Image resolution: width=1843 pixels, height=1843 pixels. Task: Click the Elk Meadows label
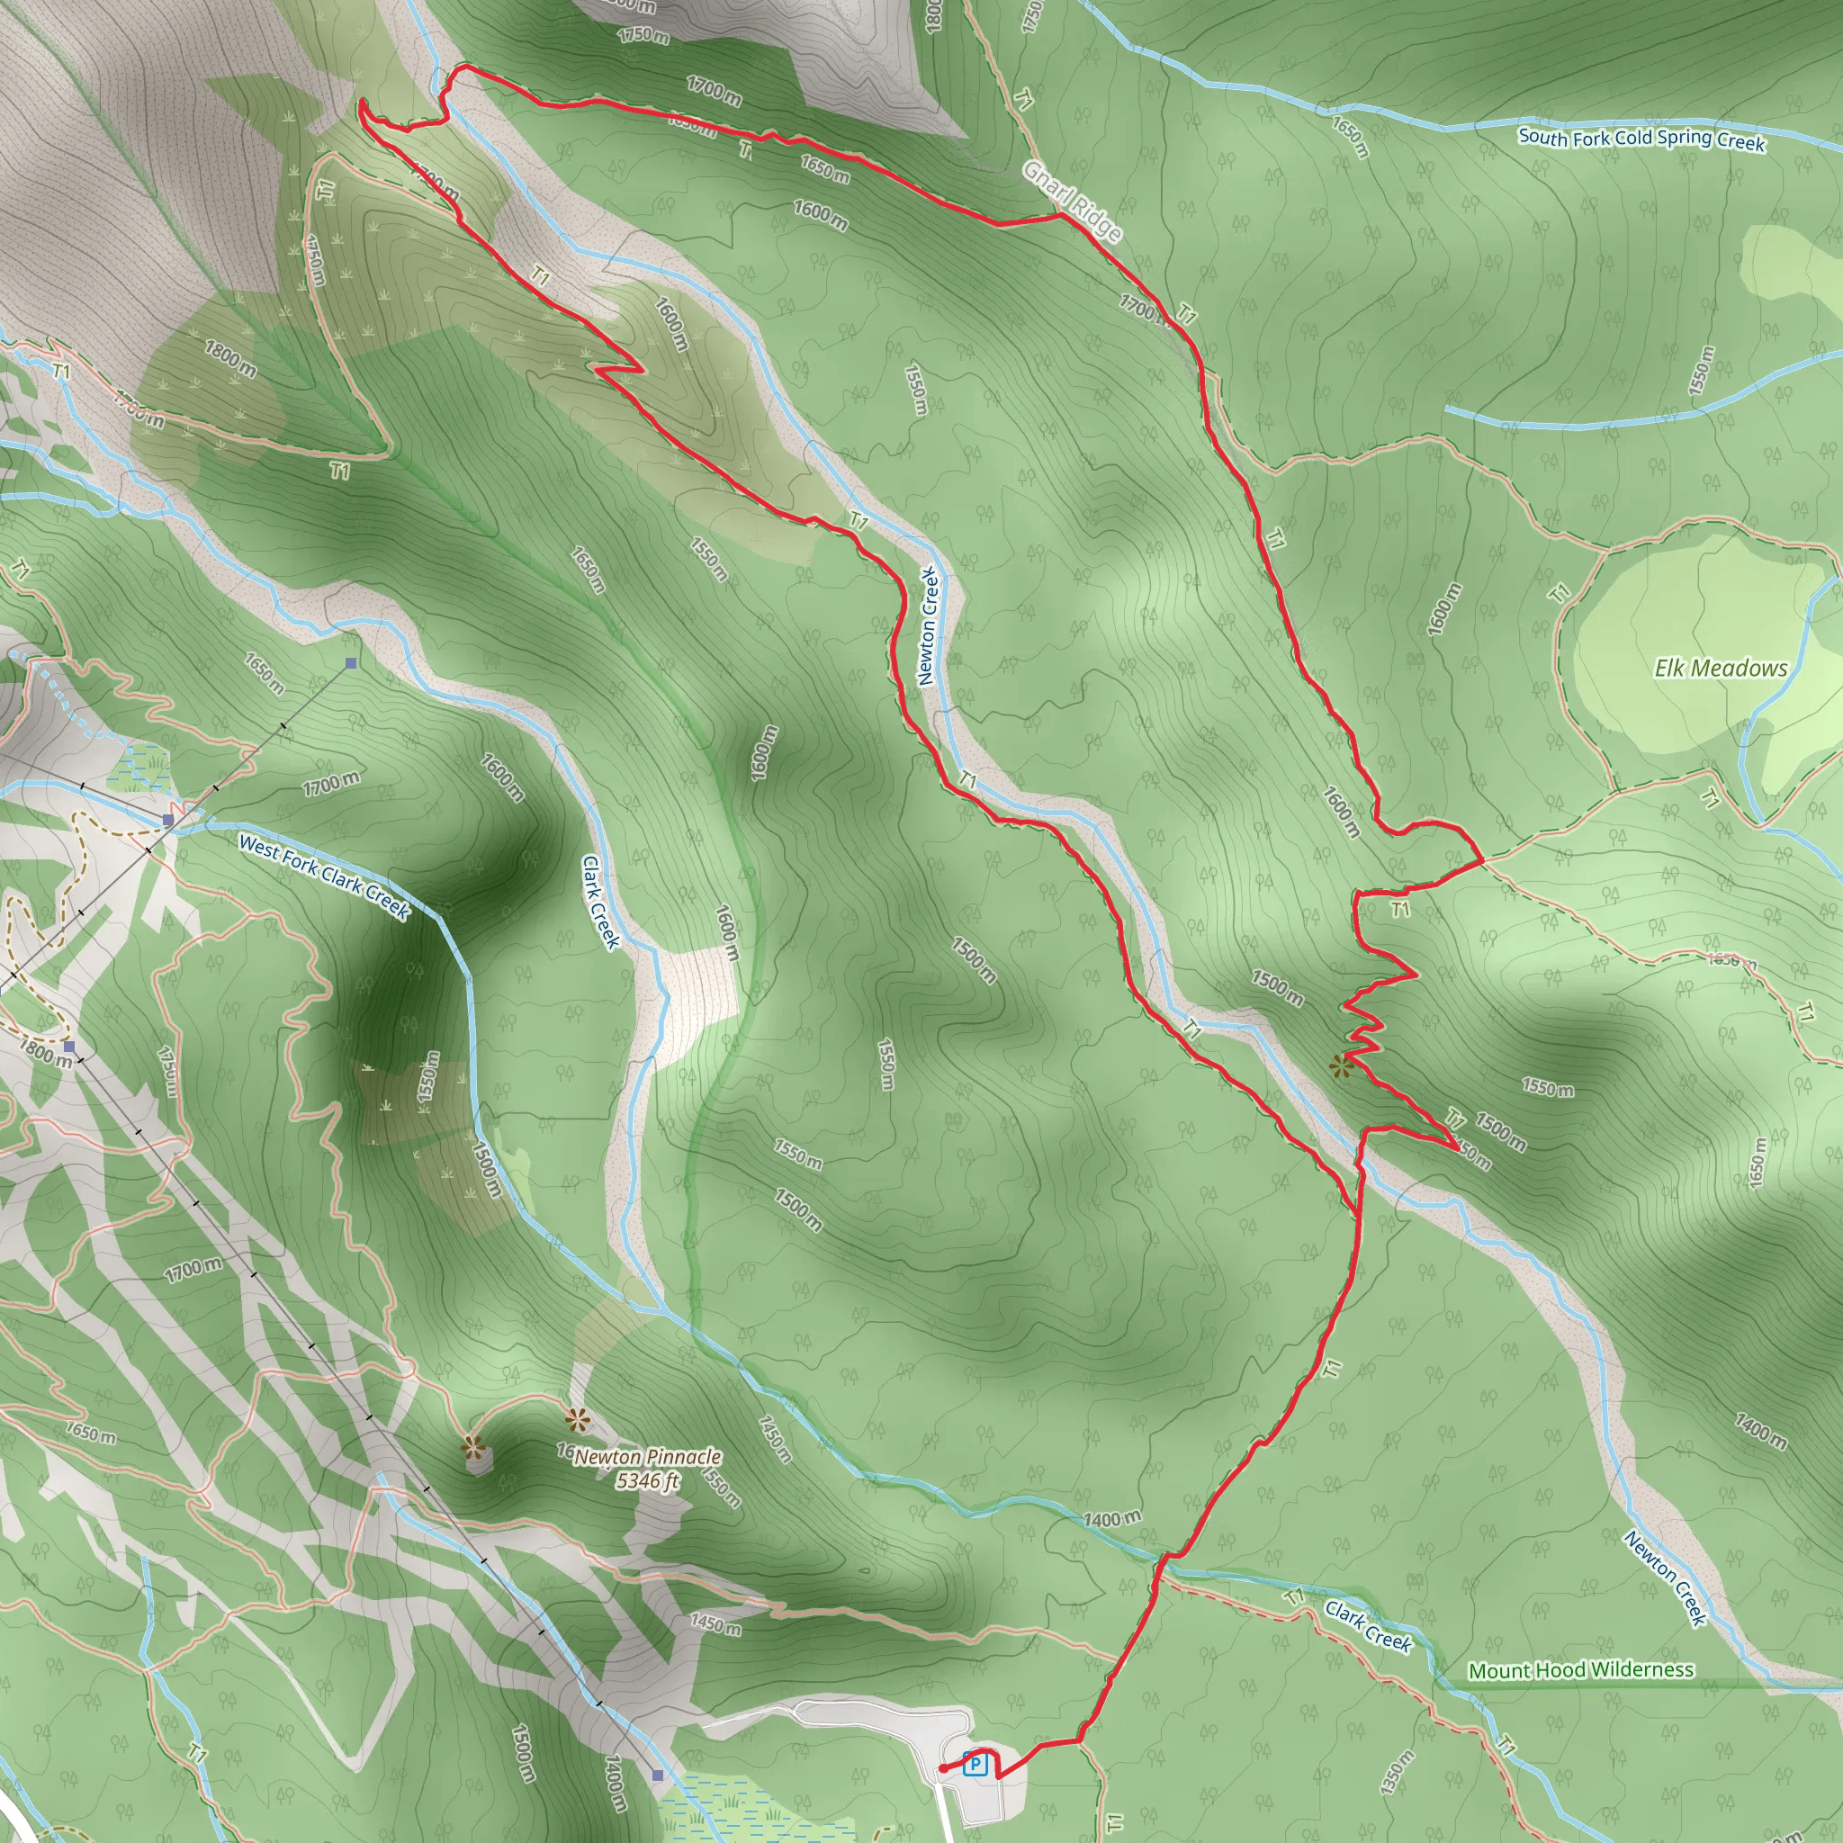(1720, 668)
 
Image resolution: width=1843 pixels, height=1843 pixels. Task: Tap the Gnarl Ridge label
(1071, 202)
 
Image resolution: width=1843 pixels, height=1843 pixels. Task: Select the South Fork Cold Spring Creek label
(1641, 139)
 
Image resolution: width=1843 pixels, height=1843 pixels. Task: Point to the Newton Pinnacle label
(648, 1457)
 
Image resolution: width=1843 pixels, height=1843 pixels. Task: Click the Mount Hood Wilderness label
(1580, 1670)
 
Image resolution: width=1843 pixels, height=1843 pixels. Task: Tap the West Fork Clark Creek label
(323, 877)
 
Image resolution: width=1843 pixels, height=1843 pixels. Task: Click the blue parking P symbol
(974, 1764)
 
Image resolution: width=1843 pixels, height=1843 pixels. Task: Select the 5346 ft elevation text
(648, 1480)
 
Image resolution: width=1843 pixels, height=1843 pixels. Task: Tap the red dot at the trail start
(942, 1768)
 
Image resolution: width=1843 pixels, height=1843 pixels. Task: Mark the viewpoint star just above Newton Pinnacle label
(576, 1421)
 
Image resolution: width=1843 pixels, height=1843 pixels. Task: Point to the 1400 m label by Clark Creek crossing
(1111, 1518)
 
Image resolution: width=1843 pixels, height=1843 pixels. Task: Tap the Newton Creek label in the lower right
(1665, 1578)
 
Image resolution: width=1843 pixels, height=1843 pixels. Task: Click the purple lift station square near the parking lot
(657, 1775)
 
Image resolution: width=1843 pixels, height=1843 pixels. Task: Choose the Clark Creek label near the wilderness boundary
(1368, 1625)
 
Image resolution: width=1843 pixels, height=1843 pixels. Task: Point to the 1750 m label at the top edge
(643, 35)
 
